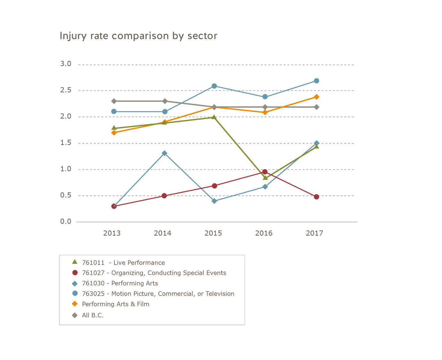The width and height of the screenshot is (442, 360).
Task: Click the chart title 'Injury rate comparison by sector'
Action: (138, 36)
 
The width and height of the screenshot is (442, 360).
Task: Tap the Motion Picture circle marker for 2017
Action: (316, 81)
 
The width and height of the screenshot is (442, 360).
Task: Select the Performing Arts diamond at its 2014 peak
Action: (164, 153)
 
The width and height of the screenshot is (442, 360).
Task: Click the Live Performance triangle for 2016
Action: (265, 178)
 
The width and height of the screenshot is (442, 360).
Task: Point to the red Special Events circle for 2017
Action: (316, 197)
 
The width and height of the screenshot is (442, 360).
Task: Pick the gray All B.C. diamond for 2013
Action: (114, 101)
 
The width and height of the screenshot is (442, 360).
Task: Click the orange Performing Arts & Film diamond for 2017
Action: (316, 97)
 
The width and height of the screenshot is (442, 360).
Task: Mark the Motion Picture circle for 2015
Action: (214, 86)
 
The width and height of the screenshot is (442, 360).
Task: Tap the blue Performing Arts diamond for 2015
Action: (214, 201)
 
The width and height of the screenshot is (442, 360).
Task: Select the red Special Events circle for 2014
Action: (164, 196)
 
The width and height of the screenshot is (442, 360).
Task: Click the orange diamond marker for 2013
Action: (114, 133)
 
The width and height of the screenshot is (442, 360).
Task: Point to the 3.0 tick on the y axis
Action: (66, 64)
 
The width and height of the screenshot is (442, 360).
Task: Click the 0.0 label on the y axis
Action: (66, 222)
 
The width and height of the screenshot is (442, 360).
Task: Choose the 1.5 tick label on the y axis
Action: (66, 143)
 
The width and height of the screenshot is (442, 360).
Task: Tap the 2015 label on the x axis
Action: (213, 233)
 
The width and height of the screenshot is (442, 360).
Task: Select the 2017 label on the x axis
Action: (315, 233)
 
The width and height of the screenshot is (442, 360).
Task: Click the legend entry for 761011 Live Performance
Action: (123, 263)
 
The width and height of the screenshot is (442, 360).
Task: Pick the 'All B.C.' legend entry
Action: (93, 315)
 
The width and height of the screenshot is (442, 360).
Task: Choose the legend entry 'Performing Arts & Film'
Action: (115, 304)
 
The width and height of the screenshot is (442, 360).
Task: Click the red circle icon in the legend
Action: (75, 273)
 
